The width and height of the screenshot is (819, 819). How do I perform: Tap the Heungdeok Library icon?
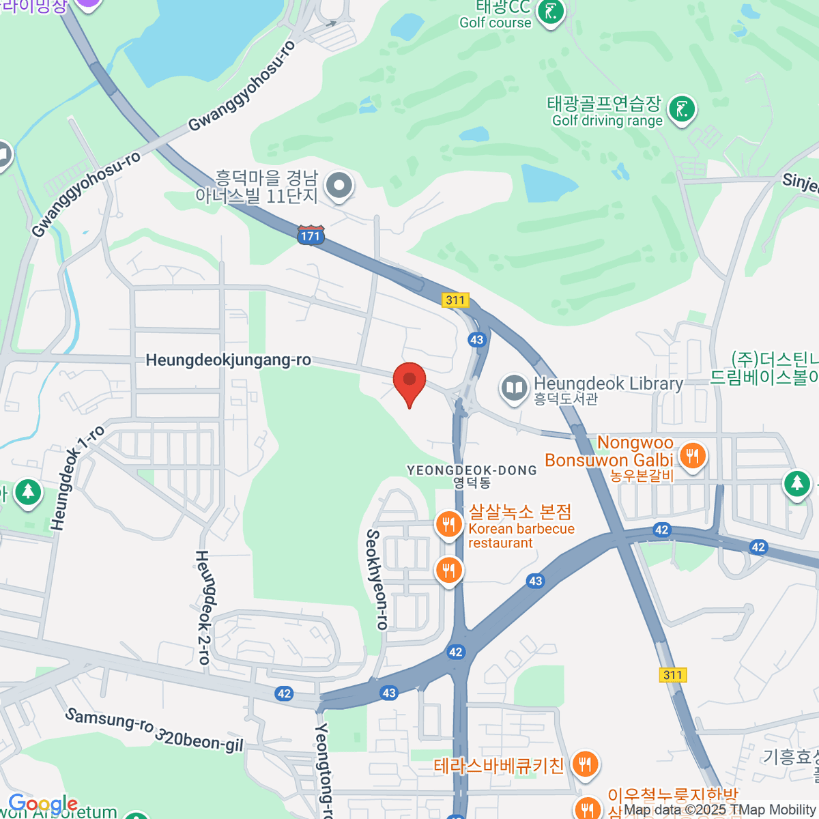513,388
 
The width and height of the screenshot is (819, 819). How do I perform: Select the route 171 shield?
311,235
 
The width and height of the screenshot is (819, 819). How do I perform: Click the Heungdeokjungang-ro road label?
229,360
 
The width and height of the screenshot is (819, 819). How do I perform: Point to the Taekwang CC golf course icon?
550,12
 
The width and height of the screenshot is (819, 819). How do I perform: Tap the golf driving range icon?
681,109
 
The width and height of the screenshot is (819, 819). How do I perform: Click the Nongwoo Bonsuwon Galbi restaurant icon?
693,454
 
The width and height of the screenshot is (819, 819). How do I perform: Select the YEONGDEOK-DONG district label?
472,471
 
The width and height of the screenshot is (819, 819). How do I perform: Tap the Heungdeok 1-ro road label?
76,478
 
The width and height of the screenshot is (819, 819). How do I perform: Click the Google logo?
42,804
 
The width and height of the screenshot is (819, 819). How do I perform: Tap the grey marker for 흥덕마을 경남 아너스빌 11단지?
339,185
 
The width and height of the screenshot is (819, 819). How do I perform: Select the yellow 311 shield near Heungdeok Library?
455,300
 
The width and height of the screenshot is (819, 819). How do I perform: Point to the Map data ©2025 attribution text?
719,810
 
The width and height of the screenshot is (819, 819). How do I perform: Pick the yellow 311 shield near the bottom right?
673,675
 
